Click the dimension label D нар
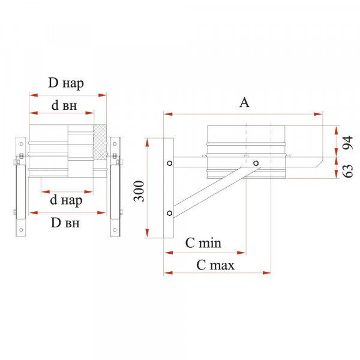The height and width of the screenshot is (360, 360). [x=66, y=83]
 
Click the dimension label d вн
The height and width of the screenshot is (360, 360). [x=64, y=106]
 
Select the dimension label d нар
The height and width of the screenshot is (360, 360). [x=66, y=200]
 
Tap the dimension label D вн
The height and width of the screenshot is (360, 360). [x=65, y=223]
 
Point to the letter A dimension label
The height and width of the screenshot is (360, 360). [x=244, y=103]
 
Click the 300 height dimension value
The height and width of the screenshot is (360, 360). [x=139, y=191]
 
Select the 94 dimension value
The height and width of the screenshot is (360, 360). [x=348, y=143]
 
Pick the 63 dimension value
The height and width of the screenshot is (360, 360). [x=348, y=171]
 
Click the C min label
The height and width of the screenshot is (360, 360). [x=203, y=243]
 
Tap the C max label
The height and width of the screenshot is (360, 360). [x=215, y=265]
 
